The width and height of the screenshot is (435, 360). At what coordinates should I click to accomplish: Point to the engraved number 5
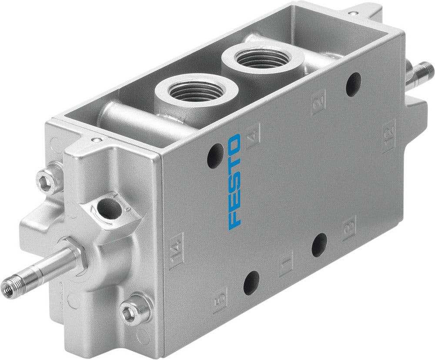(220, 299)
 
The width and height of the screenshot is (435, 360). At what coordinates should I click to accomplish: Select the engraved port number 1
(286, 263)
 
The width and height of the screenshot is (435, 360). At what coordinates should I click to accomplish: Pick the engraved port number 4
(253, 137)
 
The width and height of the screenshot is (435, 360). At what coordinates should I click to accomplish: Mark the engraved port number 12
(388, 136)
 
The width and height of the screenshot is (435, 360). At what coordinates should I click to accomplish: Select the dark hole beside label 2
(353, 84)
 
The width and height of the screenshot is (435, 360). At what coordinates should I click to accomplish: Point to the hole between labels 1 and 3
(319, 245)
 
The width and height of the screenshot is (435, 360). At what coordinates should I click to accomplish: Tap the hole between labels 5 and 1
(251, 283)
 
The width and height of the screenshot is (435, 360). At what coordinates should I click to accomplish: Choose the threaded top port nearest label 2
(262, 57)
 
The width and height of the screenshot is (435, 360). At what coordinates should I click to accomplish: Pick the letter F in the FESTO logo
(235, 217)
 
